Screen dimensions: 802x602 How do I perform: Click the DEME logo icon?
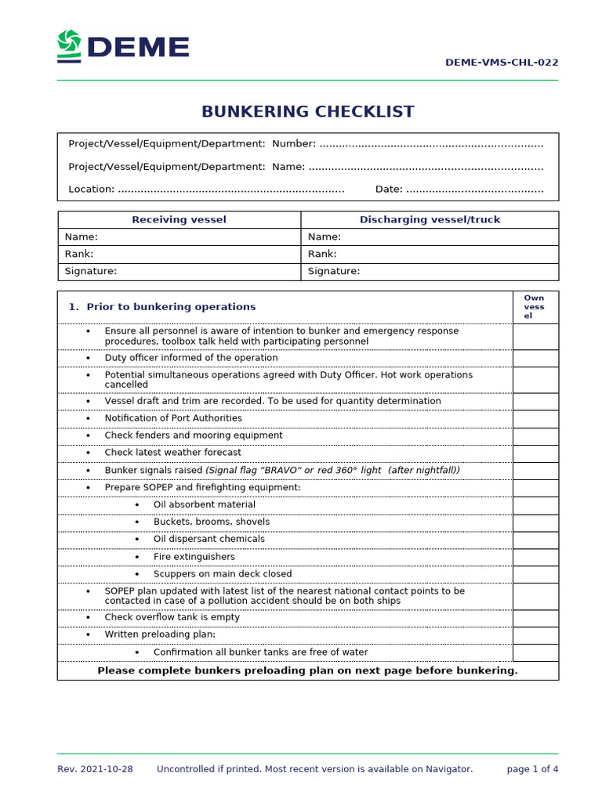[x=69, y=46]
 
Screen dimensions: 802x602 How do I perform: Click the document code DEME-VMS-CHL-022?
[x=502, y=63]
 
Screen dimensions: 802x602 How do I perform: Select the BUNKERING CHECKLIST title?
[x=307, y=111]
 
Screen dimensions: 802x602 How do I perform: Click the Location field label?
[x=91, y=189]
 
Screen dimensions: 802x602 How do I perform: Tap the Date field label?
[x=389, y=189]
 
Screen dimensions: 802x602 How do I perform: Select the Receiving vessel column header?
[x=179, y=219]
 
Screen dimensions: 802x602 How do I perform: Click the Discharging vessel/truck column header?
[x=430, y=219]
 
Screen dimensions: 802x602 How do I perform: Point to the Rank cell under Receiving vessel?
[x=179, y=254]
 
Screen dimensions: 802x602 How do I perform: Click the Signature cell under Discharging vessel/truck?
[x=430, y=271]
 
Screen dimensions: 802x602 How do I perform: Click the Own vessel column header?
[x=535, y=306]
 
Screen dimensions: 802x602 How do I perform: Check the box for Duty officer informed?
[x=535, y=358]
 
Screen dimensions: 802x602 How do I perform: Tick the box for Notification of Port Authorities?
[x=535, y=418]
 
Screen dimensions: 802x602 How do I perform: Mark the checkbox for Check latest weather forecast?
[x=535, y=453]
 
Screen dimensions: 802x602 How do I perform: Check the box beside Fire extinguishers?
[x=535, y=557]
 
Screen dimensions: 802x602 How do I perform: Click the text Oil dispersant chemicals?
[x=209, y=539]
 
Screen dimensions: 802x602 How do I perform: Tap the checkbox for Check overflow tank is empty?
[x=535, y=617]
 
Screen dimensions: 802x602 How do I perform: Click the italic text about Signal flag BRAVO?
[x=332, y=470]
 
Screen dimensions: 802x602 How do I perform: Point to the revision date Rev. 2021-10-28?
[x=95, y=769]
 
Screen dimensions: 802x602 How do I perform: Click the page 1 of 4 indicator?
[x=532, y=769]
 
